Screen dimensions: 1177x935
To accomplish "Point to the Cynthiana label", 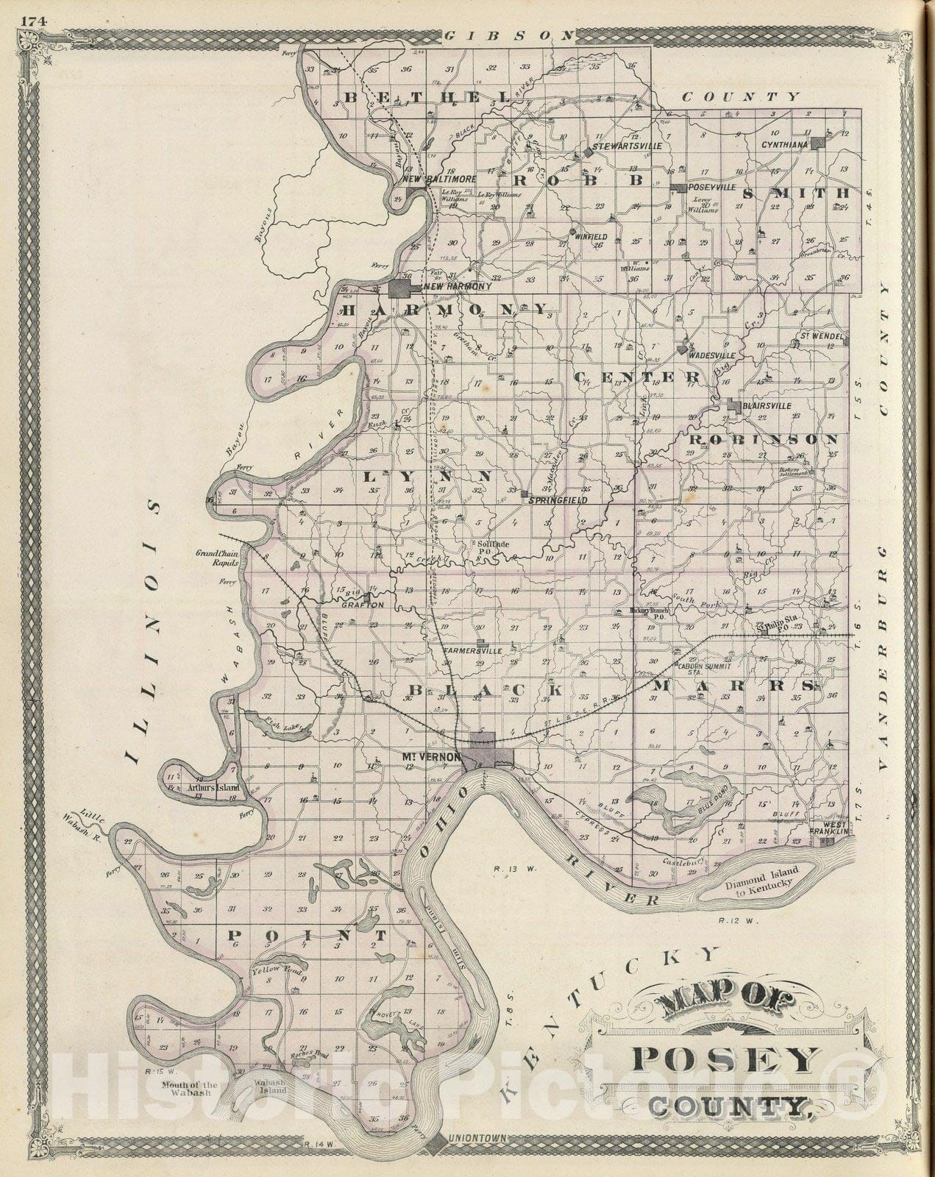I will tap(784, 145).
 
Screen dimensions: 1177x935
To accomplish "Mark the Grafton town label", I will tap(363, 605).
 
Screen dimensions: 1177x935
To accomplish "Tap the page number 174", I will tap(34, 21).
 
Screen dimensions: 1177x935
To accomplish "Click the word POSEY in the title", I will tap(725, 1061).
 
